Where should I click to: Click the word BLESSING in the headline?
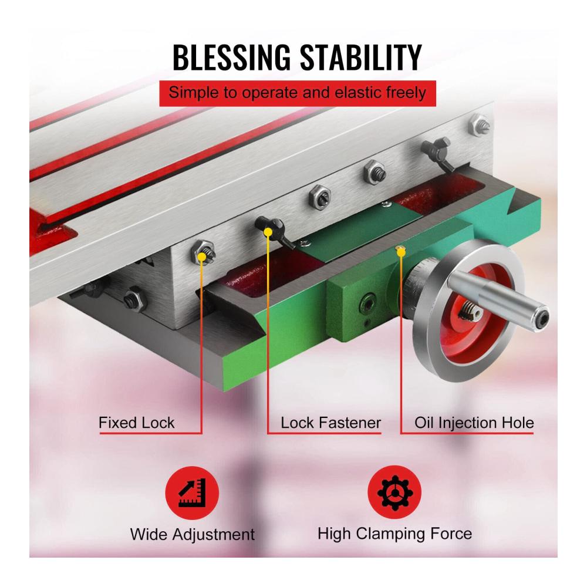click(231, 58)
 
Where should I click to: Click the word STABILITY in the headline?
click(360, 58)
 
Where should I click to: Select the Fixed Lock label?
click(137, 423)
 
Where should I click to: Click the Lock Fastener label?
click(331, 423)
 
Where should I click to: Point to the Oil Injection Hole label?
click(474, 423)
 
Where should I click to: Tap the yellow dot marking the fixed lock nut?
click(202, 257)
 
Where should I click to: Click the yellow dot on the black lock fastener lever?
click(268, 232)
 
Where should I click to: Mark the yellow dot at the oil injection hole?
click(400, 252)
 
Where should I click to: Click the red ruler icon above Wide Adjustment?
click(192, 492)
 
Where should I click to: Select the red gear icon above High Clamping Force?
click(394, 492)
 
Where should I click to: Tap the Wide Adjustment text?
click(193, 534)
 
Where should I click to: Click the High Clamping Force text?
click(394, 534)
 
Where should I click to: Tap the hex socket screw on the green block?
click(367, 305)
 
